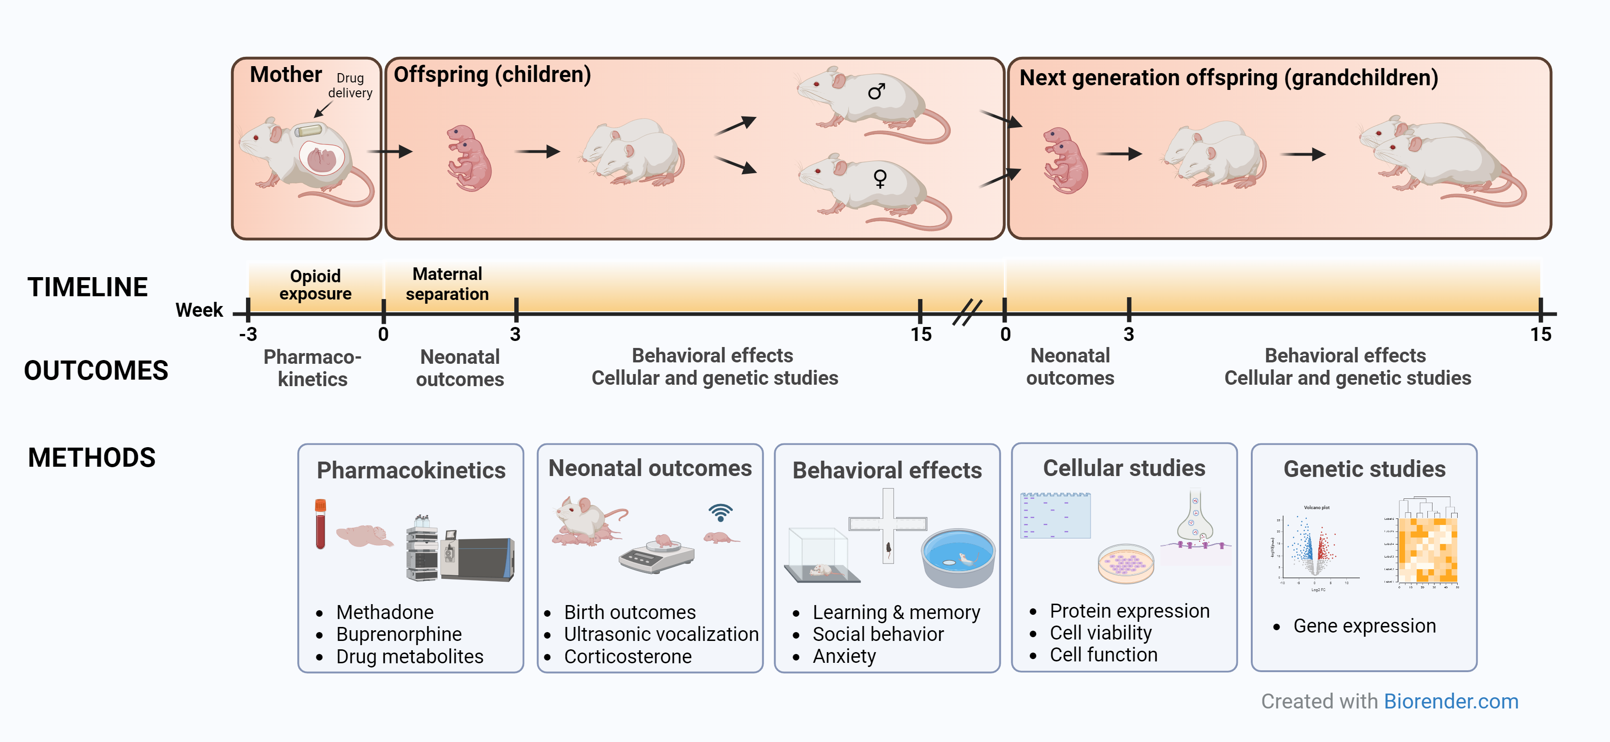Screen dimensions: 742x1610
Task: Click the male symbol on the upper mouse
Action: tap(876, 92)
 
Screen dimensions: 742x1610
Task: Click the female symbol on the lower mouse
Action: tap(880, 179)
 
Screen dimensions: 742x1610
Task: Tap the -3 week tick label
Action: tap(248, 334)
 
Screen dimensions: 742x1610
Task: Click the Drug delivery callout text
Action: tap(350, 86)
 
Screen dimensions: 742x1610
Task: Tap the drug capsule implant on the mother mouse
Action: tap(307, 130)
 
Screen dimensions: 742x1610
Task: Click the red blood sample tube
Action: tap(321, 524)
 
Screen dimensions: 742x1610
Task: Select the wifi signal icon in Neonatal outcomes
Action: tap(721, 512)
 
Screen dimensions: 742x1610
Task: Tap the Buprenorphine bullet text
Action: tap(399, 634)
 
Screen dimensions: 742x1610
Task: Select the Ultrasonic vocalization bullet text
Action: tap(661, 634)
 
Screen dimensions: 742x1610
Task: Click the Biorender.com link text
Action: tap(1451, 701)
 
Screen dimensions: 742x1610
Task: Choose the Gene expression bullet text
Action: tap(1364, 626)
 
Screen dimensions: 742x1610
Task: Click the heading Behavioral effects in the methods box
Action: tap(887, 470)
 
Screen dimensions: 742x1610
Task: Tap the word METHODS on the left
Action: tap(92, 457)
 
